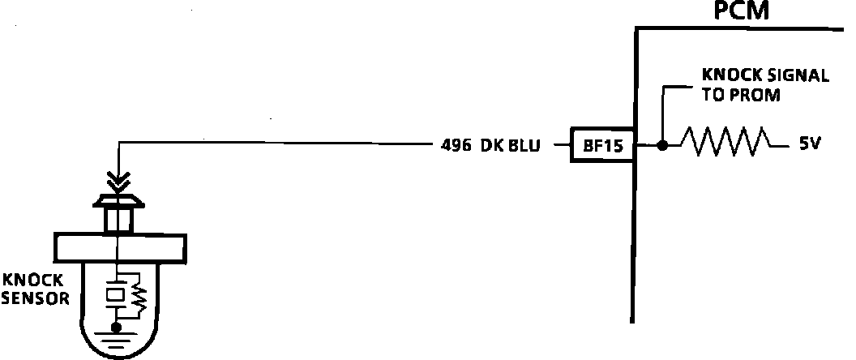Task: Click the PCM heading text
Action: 741,11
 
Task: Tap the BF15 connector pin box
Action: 601,146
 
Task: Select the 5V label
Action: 810,145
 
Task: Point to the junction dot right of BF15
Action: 662,146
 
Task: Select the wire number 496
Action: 456,146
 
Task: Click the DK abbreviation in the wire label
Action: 491,146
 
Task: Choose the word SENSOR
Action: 35,298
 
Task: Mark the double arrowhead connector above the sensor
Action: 118,178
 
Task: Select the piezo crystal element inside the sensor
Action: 118,294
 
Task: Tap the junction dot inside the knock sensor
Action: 118,327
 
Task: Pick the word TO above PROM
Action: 712,94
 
